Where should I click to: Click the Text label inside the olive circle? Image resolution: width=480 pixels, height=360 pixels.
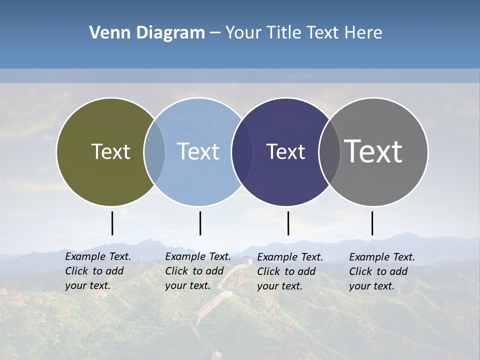[x=110, y=151]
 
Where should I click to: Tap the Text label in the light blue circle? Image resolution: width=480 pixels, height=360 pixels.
[x=198, y=151]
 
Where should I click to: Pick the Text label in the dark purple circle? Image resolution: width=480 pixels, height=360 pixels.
[x=285, y=151]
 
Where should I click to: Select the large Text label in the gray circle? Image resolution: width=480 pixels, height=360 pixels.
[x=373, y=151]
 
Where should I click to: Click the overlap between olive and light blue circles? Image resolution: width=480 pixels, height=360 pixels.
[x=154, y=152]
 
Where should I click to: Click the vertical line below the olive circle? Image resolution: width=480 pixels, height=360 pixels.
[x=112, y=223]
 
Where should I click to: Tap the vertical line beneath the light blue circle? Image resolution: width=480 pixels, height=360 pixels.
[x=200, y=223]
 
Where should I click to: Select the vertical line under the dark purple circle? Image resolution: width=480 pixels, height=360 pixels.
[x=288, y=223]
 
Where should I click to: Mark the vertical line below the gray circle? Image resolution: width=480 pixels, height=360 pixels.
[x=372, y=223]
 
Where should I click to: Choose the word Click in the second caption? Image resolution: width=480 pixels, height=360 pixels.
[x=176, y=271]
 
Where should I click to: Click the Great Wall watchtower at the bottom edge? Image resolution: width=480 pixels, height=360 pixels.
[x=216, y=354]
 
